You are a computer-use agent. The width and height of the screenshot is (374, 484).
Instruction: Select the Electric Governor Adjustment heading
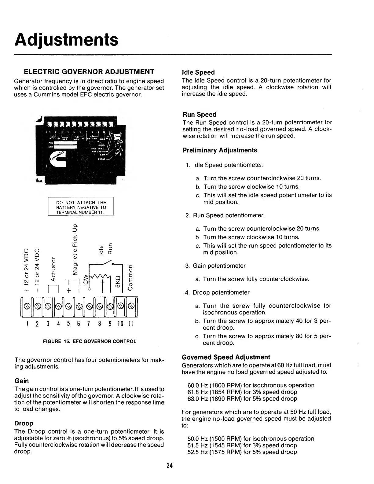[89, 72]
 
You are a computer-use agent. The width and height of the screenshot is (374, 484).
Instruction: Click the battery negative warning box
[81, 207]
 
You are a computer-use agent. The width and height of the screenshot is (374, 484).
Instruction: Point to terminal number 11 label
[130, 324]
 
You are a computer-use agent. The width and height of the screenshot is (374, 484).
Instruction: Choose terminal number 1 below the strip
[28, 324]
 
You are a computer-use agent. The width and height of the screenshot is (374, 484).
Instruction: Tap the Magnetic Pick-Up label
[74, 249]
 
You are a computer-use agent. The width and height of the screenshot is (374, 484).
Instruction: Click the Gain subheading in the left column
[22, 381]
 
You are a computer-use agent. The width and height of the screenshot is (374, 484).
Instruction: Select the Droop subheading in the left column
[24, 423]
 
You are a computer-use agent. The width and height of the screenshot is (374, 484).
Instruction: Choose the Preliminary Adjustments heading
[219, 150]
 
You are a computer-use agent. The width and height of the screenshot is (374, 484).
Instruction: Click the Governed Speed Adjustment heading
[226, 357]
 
